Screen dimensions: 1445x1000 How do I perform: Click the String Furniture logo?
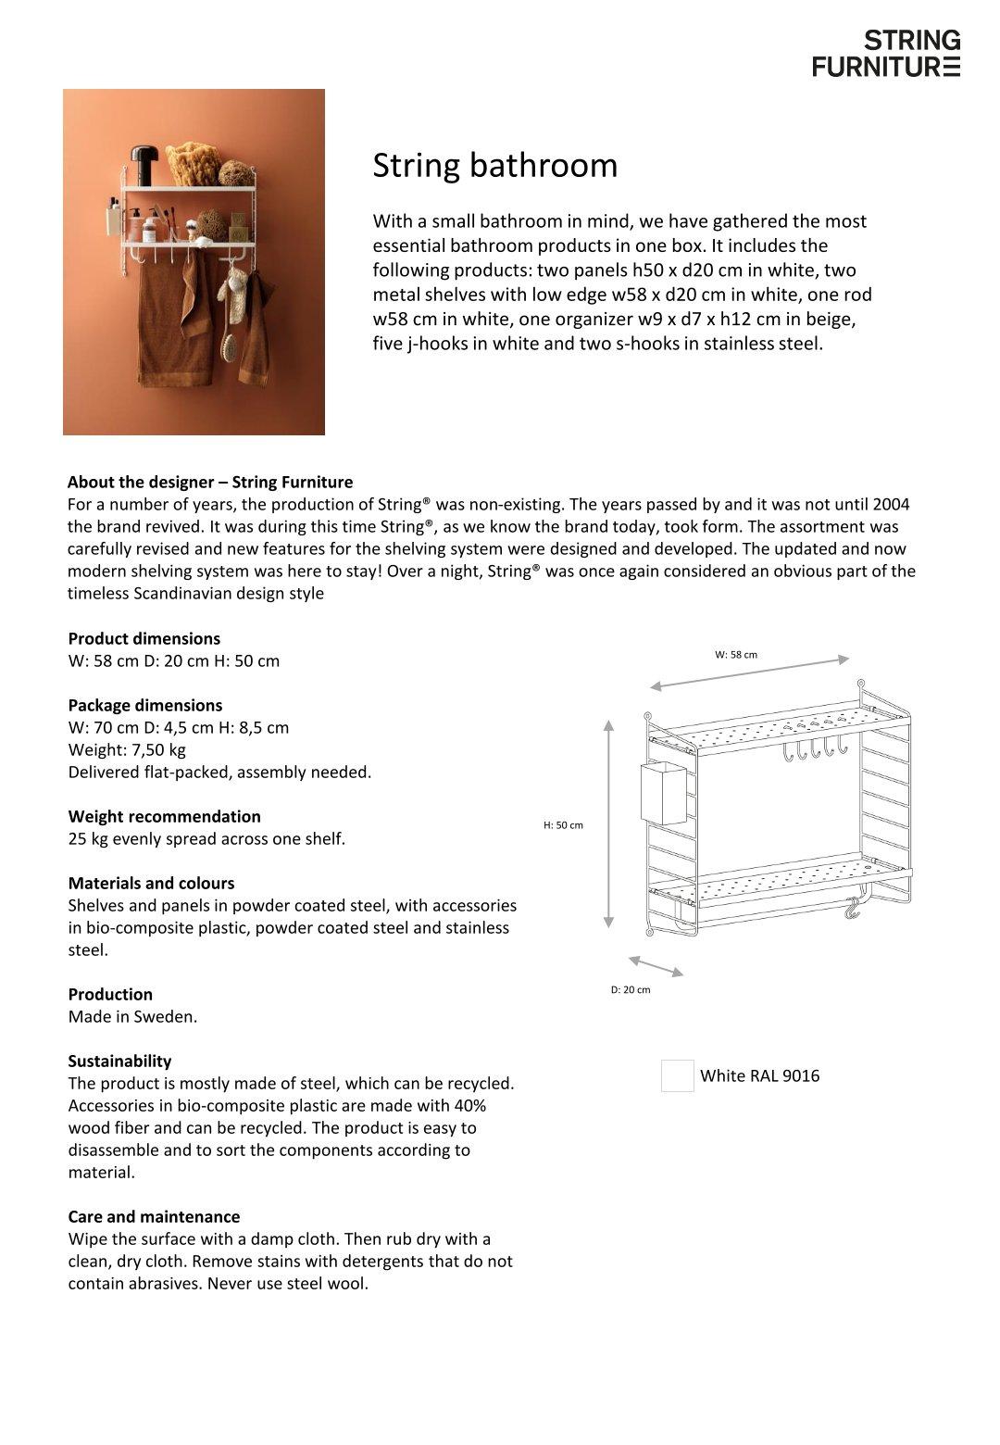[x=886, y=53]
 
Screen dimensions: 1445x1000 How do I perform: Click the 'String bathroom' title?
[x=494, y=166]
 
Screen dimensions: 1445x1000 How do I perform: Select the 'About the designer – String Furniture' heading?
[x=210, y=482]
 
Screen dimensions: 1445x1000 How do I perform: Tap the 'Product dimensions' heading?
[x=144, y=638]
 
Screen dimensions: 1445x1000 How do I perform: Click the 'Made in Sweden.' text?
[x=132, y=1016]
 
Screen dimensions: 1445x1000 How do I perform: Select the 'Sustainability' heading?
[x=119, y=1061]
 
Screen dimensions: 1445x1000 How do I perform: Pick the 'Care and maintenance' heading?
[x=154, y=1216]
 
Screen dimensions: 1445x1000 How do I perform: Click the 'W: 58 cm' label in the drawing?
[x=735, y=654]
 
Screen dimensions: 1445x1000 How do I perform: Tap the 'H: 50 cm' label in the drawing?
[x=563, y=824]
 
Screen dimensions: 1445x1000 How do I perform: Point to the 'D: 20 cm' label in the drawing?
[x=630, y=989]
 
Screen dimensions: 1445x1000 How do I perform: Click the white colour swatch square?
[x=677, y=1075]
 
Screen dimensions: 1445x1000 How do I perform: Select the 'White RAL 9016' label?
[x=759, y=1075]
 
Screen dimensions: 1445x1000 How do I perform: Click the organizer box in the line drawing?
[x=663, y=792]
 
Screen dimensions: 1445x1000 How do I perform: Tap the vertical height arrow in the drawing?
[x=608, y=823]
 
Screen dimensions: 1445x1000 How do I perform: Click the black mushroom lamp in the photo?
[x=144, y=157]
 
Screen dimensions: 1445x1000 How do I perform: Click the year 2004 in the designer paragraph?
[x=891, y=504]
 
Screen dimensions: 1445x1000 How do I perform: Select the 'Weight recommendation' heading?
[x=164, y=816]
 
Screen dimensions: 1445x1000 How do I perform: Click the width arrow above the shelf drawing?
[x=749, y=672]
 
